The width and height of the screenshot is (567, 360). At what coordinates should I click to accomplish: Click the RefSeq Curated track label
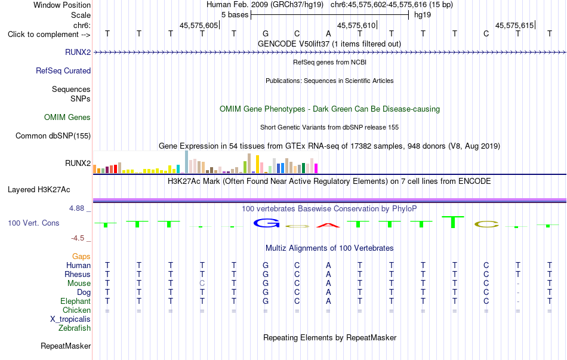point(63,70)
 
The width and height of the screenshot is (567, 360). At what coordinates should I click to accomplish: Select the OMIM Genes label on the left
point(67,117)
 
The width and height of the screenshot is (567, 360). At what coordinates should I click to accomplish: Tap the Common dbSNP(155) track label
point(53,136)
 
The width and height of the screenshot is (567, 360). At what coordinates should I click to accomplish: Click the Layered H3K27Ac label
point(39,190)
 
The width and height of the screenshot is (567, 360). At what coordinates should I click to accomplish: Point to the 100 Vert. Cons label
point(33,223)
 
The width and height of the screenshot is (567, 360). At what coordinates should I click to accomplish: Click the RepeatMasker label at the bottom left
point(66,346)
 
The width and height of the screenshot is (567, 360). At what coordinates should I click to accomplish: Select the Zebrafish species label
point(75,328)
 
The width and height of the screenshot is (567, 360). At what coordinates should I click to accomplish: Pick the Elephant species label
point(76,301)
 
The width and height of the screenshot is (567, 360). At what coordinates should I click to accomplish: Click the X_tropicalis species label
point(70,319)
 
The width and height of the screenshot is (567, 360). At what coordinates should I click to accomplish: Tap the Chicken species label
point(76,310)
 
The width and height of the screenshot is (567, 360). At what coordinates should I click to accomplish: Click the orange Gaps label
point(81,257)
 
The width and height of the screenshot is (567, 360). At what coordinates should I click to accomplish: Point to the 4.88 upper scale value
point(76,208)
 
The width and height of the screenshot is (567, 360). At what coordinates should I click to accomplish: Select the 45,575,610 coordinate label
point(356,25)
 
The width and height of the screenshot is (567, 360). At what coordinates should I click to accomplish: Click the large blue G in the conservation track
point(267,223)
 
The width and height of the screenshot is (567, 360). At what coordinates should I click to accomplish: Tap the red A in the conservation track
point(328,226)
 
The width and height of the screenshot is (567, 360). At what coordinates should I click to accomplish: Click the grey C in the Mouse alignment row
point(202,284)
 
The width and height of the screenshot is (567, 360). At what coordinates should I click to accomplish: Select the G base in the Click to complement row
point(266,33)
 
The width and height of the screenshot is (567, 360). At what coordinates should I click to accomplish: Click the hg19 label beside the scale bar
point(423,15)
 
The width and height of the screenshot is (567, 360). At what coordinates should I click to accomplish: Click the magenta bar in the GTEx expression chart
point(316,168)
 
